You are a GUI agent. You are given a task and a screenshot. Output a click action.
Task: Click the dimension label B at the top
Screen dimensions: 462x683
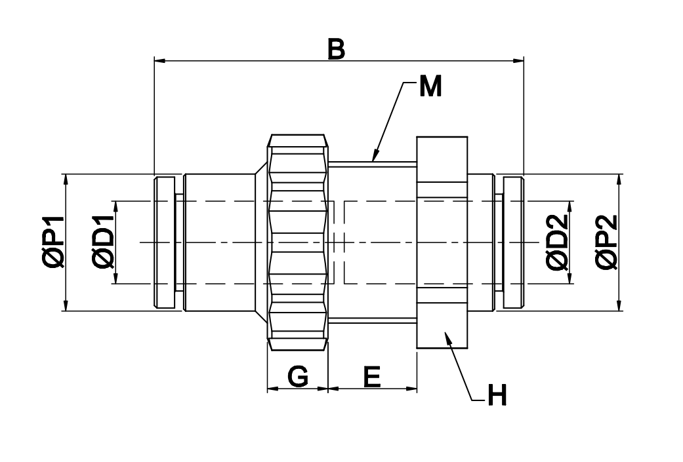336,49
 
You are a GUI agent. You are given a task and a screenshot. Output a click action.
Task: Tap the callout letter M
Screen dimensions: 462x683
430,87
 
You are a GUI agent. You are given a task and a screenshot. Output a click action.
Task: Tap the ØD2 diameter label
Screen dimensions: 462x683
557,242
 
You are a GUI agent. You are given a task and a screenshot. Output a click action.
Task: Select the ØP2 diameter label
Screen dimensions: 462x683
607,242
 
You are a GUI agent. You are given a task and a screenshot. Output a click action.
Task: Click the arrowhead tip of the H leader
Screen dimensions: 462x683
445,333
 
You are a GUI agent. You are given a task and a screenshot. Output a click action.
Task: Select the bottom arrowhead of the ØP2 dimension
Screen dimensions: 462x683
619,308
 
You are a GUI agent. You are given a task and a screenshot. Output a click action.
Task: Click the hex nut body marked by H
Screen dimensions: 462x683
442,242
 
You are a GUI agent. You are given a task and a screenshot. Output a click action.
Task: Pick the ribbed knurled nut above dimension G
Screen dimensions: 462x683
298,242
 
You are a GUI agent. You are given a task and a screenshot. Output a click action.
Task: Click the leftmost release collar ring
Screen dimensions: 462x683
165,242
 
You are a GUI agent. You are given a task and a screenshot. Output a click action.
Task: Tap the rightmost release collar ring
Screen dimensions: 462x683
514,242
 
